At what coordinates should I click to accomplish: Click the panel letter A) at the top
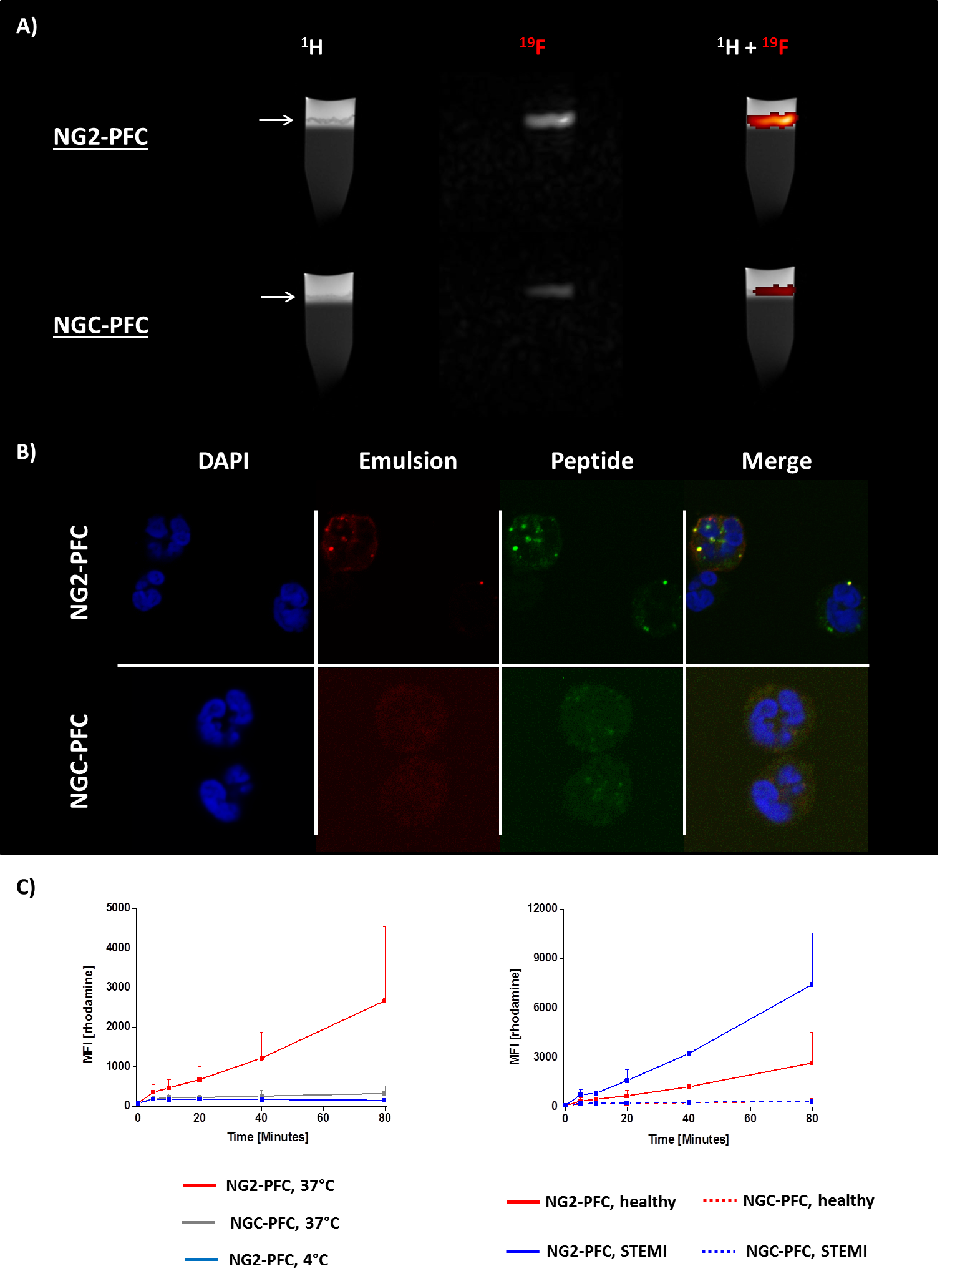(x=27, y=27)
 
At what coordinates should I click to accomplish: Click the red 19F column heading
(x=533, y=46)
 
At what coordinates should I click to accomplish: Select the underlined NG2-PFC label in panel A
(x=100, y=137)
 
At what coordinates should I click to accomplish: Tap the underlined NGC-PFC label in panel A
(x=101, y=325)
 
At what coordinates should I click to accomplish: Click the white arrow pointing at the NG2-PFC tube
(x=276, y=120)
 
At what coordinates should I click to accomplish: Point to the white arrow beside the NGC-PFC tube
(x=278, y=297)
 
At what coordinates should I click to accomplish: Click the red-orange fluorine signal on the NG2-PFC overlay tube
(x=772, y=120)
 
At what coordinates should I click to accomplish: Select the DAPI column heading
(x=223, y=461)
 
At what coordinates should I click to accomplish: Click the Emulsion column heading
(x=408, y=461)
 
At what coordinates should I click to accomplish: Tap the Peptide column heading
(x=592, y=461)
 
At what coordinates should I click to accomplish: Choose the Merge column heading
(x=777, y=461)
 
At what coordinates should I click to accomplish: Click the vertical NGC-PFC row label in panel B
(x=80, y=761)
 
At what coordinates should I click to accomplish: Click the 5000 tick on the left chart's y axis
(x=119, y=907)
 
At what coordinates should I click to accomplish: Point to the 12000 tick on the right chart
(x=542, y=908)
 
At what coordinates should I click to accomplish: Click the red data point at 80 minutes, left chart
(x=384, y=1001)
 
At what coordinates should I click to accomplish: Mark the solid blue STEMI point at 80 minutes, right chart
(x=812, y=984)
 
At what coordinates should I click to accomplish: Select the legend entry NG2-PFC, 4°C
(x=278, y=1260)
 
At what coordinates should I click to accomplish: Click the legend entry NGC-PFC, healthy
(x=808, y=1200)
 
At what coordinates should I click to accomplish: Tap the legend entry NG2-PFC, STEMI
(x=606, y=1251)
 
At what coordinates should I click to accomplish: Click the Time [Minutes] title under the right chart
(x=689, y=1139)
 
